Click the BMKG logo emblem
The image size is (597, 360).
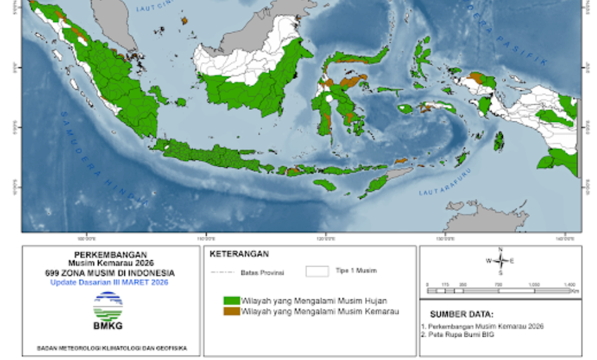108,306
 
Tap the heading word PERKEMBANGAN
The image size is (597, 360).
111,255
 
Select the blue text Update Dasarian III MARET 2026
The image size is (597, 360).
109,282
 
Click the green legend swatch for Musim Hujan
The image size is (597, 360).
232,301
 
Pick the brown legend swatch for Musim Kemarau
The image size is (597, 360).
232,311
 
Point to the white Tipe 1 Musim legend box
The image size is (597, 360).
317,272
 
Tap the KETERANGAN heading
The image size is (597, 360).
239,255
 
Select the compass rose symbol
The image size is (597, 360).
500,260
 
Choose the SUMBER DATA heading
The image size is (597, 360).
462,314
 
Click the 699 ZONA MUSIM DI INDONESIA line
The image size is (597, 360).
111,273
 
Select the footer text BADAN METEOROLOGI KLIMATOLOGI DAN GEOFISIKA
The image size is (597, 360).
110,348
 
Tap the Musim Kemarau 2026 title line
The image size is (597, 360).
111,263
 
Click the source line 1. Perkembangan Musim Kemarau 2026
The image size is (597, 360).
483,326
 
